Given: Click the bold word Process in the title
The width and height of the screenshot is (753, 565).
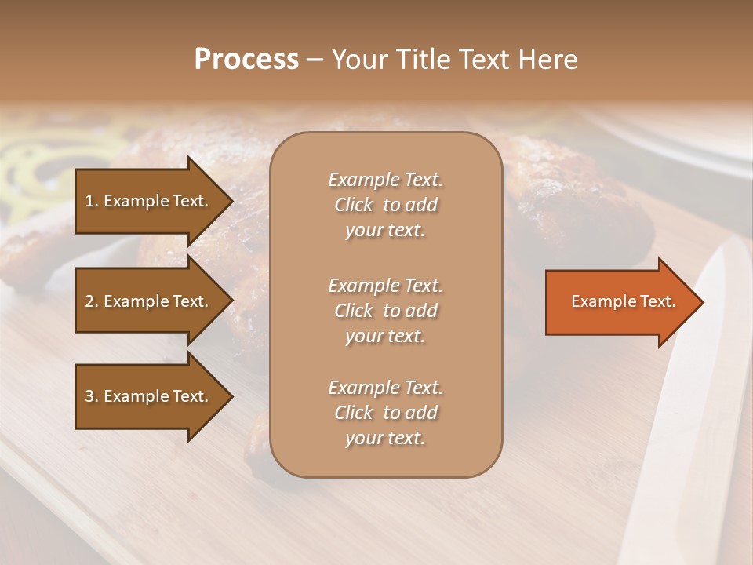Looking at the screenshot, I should [246, 60].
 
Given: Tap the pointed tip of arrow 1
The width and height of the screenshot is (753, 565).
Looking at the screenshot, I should [231, 201].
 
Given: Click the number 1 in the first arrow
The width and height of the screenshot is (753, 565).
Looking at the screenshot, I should [89, 201].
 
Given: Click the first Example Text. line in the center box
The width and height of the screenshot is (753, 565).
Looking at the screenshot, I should [385, 180].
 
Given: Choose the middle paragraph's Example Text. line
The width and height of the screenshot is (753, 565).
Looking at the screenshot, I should [385, 286].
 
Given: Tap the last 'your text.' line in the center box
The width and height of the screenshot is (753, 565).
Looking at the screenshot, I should [385, 439].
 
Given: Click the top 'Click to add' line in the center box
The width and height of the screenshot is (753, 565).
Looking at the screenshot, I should [385, 205].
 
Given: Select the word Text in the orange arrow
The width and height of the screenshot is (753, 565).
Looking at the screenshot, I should [657, 301].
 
